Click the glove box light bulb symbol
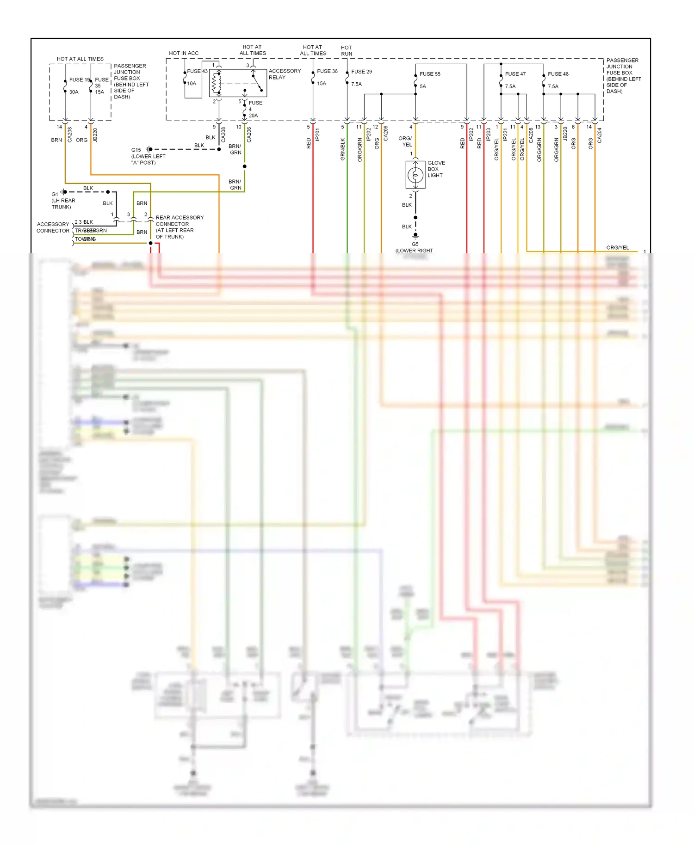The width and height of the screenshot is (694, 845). pyautogui.click(x=415, y=175)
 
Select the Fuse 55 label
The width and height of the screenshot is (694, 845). pyautogui.click(x=430, y=74)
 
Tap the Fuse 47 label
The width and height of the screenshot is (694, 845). pyautogui.click(x=515, y=74)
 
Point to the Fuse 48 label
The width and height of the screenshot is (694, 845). pyautogui.click(x=558, y=74)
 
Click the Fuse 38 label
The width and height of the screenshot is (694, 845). pyautogui.click(x=327, y=71)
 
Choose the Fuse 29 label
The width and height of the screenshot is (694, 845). pyautogui.click(x=361, y=72)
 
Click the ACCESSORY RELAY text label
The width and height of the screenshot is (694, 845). pyautogui.click(x=284, y=74)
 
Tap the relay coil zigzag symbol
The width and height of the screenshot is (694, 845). pyautogui.click(x=214, y=83)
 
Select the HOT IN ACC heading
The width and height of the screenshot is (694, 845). pyautogui.click(x=184, y=53)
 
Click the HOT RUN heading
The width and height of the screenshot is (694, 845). pyautogui.click(x=347, y=51)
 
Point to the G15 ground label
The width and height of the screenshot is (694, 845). pyautogui.click(x=136, y=150)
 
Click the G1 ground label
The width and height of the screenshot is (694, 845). pyautogui.click(x=55, y=194)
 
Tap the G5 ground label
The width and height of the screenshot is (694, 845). pyautogui.click(x=415, y=244)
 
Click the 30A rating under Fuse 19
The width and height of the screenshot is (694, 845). pyautogui.click(x=74, y=92)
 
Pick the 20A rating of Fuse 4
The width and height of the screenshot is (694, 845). pyautogui.click(x=253, y=116)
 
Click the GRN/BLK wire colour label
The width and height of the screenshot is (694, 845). pyautogui.click(x=343, y=149)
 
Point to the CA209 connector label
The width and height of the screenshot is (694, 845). pyautogui.click(x=386, y=133)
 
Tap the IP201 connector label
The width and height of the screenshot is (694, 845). pyautogui.click(x=317, y=135)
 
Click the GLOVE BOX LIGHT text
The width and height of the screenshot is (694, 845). pyautogui.click(x=436, y=169)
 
